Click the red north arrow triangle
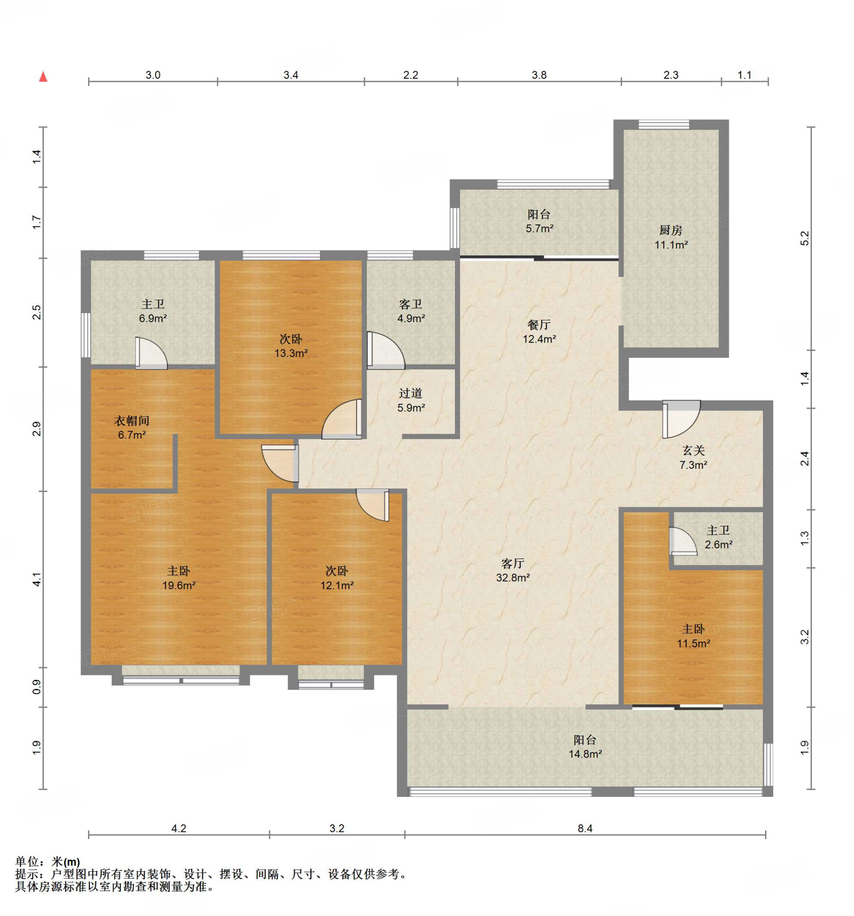coord(43,76)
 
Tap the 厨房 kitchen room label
coord(670,229)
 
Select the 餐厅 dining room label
coord(538,325)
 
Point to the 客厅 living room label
coord(513,563)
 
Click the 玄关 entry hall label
coord(693,450)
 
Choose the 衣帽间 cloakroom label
coord(132,420)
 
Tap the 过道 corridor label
coord(411,393)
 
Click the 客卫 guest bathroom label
coord(411,304)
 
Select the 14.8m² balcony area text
coord(585,754)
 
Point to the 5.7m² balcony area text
coord(539,228)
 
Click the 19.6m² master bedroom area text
coord(179,585)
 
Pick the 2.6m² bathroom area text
coord(718,544)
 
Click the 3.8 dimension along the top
coord(539,75)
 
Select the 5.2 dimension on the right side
coord(804,238)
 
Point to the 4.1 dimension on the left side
coord(37,579)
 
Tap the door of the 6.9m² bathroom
coord(151,353)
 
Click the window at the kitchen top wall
coord(664,124)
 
